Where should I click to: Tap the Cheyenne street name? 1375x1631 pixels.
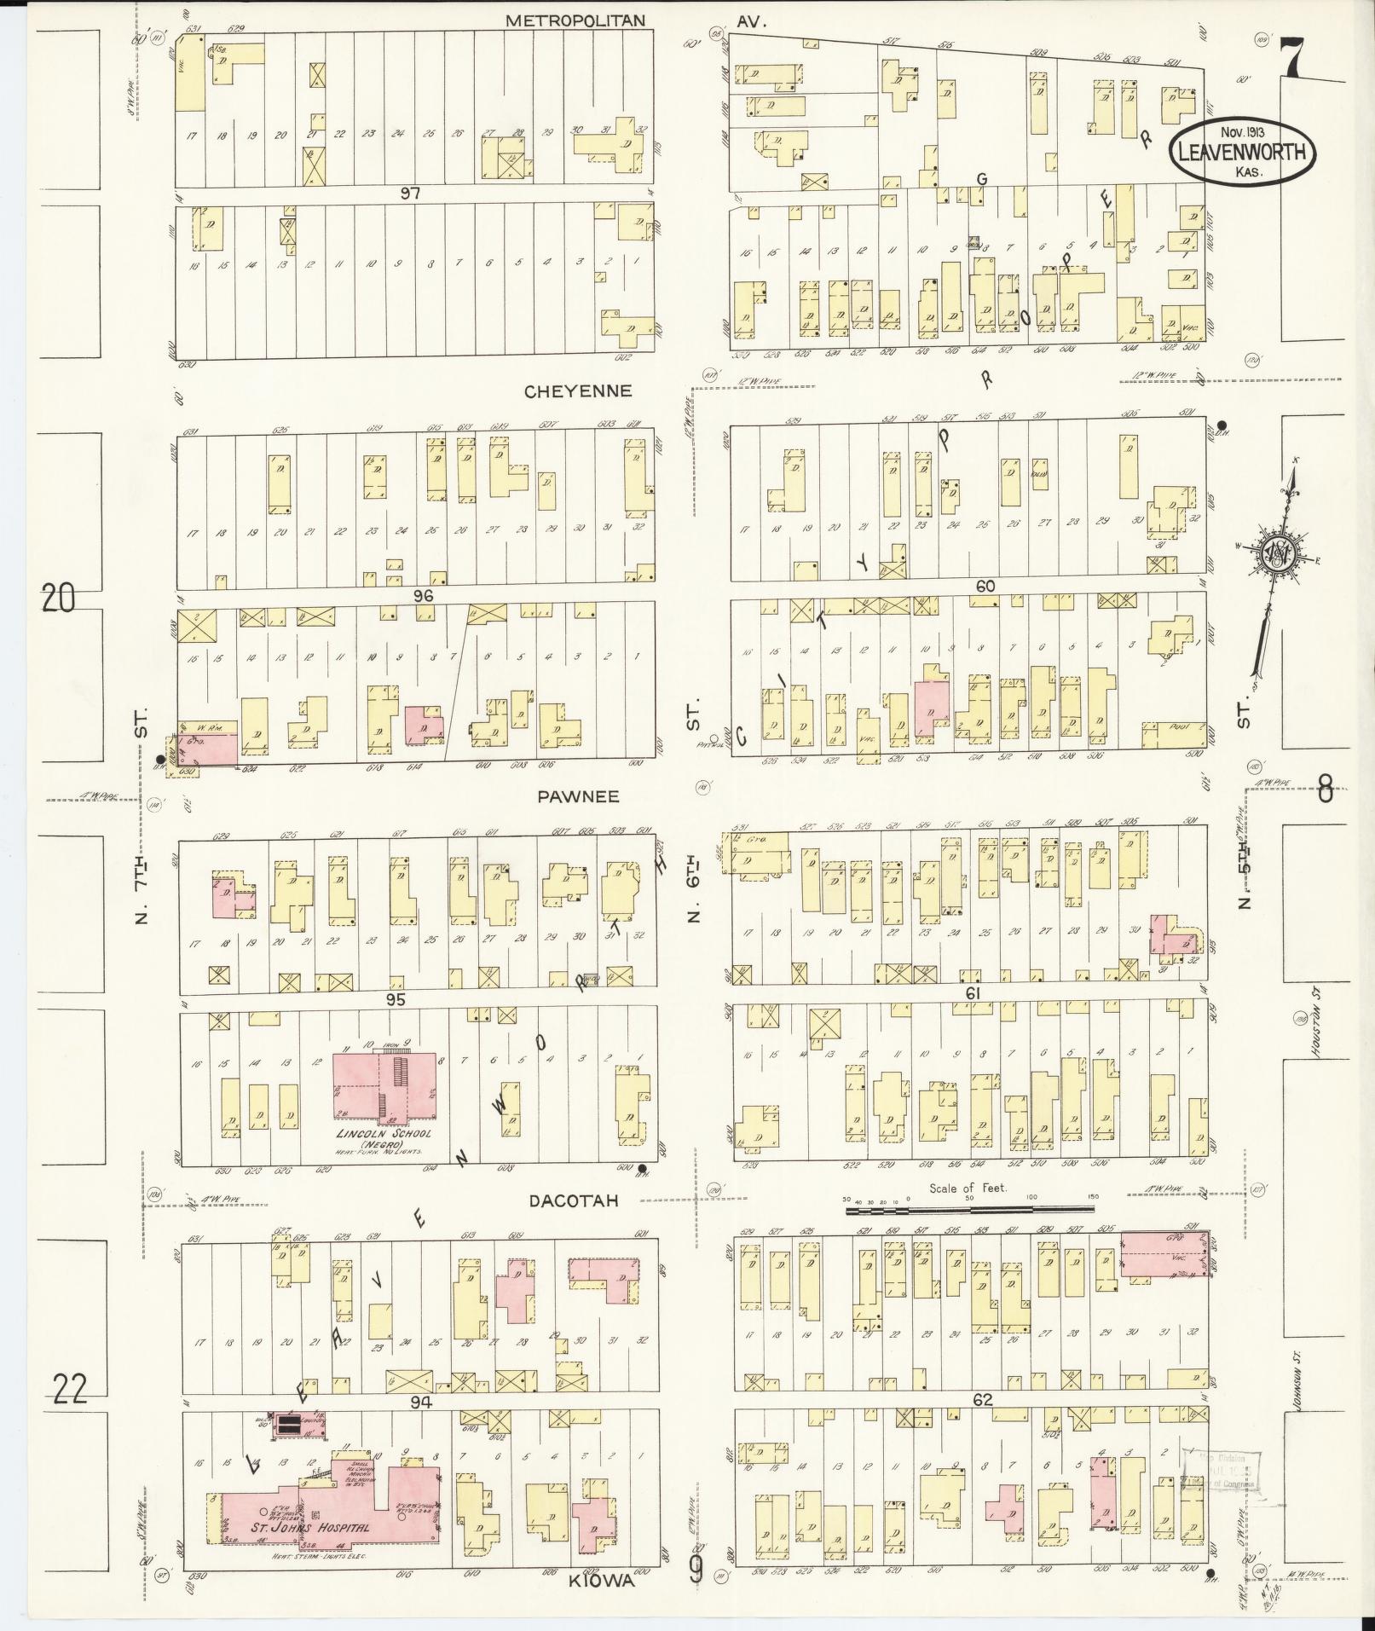[578, 391]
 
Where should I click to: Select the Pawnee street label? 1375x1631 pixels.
[578, 796]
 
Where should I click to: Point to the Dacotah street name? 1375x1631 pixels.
[573, 1200]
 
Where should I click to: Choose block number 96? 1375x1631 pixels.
[424, 596]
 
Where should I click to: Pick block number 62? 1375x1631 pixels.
[982, 1399]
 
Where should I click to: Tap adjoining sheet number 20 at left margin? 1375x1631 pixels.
[58, 600]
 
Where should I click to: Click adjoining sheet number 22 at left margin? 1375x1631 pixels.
[69, 1391]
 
